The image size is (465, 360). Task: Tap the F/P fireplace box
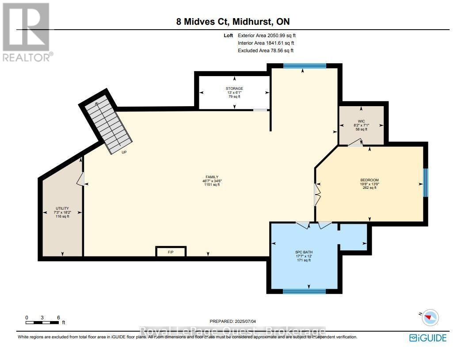point(171,252)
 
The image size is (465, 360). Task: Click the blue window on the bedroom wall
point(425,182)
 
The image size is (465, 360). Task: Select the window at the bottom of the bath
point(304,291)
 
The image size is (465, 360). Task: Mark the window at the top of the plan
point(305,66)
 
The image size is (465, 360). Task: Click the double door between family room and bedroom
point(316,194)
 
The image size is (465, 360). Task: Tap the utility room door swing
point(80,179)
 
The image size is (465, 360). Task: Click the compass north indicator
point(429,317)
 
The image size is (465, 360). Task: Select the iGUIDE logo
point(428,338)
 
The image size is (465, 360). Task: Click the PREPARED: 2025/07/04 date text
point(232,322)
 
